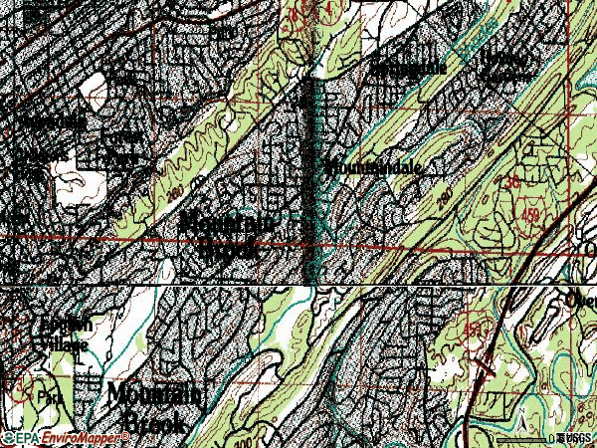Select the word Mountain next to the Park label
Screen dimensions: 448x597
point(152,395)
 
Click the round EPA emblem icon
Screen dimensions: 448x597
point(7,437)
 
